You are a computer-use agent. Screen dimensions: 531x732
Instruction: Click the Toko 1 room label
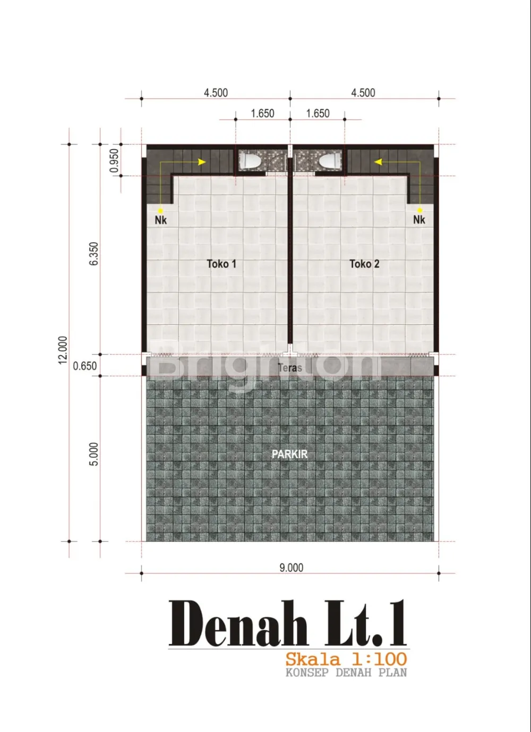(x=221, y=264)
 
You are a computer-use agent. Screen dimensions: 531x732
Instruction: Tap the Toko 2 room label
(x=364, y=264)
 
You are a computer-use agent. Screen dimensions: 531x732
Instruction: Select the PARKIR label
(x=290, y=454)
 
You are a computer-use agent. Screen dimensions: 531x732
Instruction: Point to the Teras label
(x=290, y=368)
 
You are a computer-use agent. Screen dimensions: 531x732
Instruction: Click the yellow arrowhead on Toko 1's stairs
(x=202, y=162)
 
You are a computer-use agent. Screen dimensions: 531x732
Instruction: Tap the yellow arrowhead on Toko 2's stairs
(x=378, y=162)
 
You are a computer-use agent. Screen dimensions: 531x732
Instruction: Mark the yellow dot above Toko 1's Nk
(x=160, y=211)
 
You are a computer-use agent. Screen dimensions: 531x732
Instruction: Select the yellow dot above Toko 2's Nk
(x=420, y=210)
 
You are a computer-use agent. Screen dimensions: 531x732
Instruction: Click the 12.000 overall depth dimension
(x=63, y=350)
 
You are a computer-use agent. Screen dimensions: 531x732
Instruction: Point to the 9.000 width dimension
(x=291, y=567)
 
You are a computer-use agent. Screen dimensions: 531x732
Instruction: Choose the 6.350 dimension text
(x=94, y=254)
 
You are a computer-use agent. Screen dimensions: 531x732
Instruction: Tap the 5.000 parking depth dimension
(x=94, y=454)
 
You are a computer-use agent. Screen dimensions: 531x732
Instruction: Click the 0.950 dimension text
(x=114, y=160)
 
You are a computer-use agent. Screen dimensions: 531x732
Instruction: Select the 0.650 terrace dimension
(x=84, y=366)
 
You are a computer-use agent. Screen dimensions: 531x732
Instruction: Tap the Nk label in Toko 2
(x=419, y=219)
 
